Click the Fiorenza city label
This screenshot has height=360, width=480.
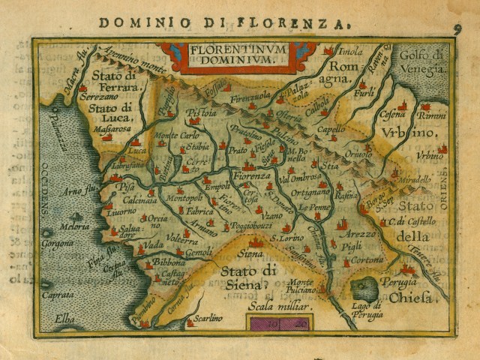(x=251, y=175)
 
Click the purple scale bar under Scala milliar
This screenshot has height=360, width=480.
(x=277, y=322)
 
